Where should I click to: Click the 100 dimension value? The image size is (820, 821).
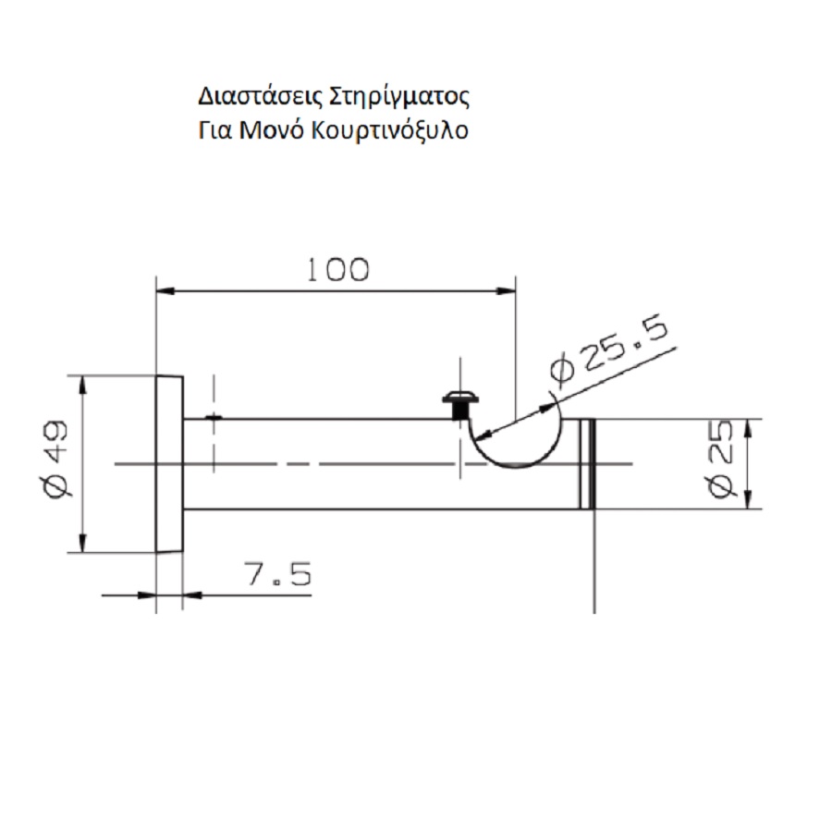tap(337, 269)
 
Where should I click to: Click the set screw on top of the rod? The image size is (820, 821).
tap(459, 403)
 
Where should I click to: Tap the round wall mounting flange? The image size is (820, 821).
tap(168, 464)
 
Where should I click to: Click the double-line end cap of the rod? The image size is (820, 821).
tap(586, 464)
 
